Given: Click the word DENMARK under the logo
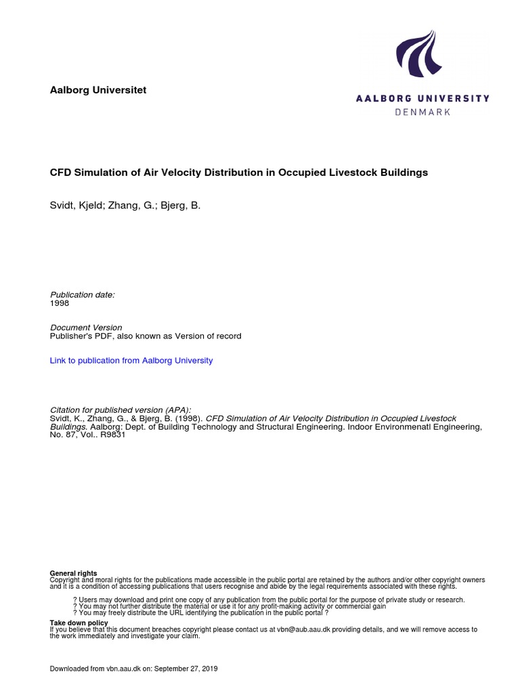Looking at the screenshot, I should point(422,112).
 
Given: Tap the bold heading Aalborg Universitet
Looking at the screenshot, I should point(98,90).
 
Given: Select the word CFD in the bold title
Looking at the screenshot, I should point(61,173).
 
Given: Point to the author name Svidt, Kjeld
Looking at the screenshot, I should point(76,204).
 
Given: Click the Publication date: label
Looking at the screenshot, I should point(83,294).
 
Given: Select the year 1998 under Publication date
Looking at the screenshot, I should point(60,303).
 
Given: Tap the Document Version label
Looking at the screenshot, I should point(86,328).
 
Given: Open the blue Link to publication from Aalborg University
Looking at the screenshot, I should point(131,361).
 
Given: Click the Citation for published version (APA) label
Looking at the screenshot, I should point(121,410).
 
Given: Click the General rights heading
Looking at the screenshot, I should point(73,573).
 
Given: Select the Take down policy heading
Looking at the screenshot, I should point(79,623).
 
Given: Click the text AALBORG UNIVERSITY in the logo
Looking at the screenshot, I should point(422,98).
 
